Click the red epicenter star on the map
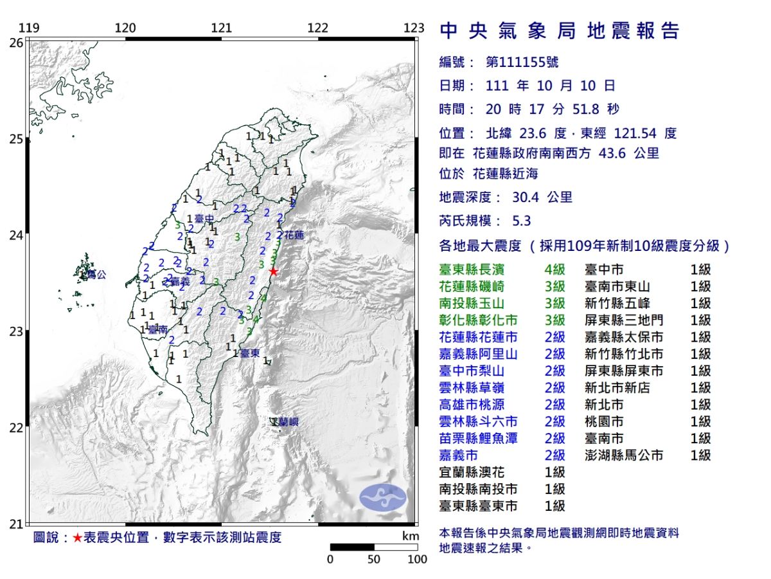(273, 271)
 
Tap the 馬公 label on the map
(96, 275)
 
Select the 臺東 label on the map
(249, 353)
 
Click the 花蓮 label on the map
(294, 235)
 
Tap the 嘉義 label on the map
(181, 281)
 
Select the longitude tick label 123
(415, 28)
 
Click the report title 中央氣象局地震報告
(559, 31)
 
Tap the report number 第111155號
(522, 62)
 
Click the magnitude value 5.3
(522, 221)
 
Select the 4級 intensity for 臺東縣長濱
(554, 270)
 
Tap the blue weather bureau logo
(382, 497)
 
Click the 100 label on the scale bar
(418, 559)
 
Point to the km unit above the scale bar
(410, 536)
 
